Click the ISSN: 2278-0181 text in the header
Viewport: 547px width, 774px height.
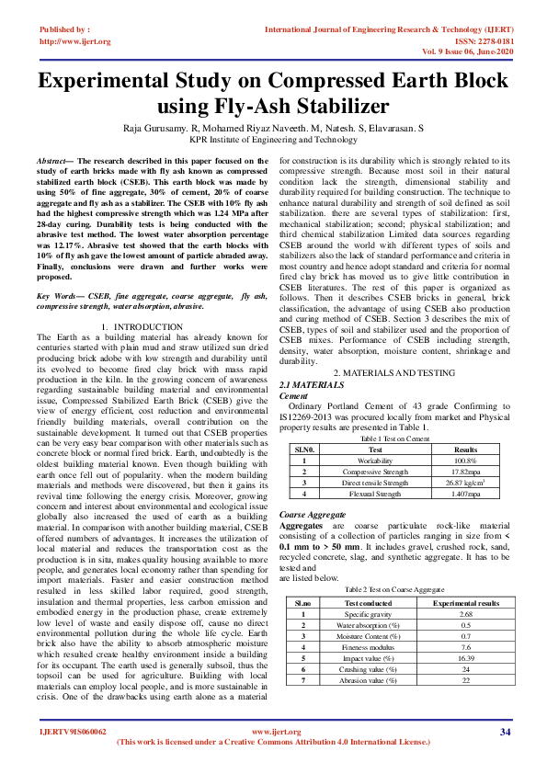click(x=474, y=41)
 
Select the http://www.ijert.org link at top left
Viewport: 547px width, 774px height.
click(x=75, y=41)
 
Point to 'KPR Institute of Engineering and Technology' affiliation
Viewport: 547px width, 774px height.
click(x=273, y=140)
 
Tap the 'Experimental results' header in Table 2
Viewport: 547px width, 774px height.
click(x=467, y=602)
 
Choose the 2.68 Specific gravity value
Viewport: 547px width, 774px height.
click(x=467, y=613)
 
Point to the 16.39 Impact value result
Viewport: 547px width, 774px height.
click(x=467, y=659)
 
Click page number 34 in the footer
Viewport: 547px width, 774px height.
click(x=505, y=732)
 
